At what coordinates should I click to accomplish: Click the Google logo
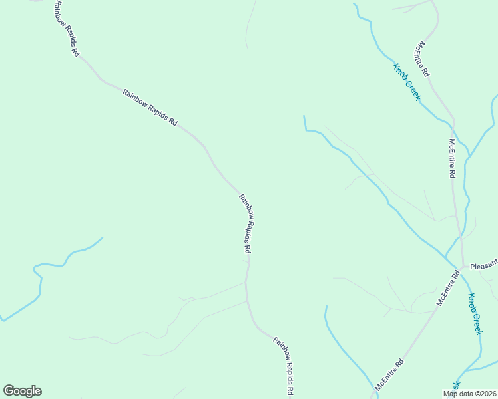[x=22, y=391]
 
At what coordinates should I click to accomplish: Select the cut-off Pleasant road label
[x=484, y=266]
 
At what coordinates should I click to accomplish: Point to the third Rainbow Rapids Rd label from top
[x=246, y=223]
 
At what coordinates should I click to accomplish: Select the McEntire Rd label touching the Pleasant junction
[x=449, y=288]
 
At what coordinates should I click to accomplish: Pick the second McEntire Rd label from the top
[x=452, y=158]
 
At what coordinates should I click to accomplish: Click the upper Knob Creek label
[x=407, y=82]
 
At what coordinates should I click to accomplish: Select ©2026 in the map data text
[x=483, y=394]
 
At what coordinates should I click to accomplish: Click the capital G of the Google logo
[x=9, y=391]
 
